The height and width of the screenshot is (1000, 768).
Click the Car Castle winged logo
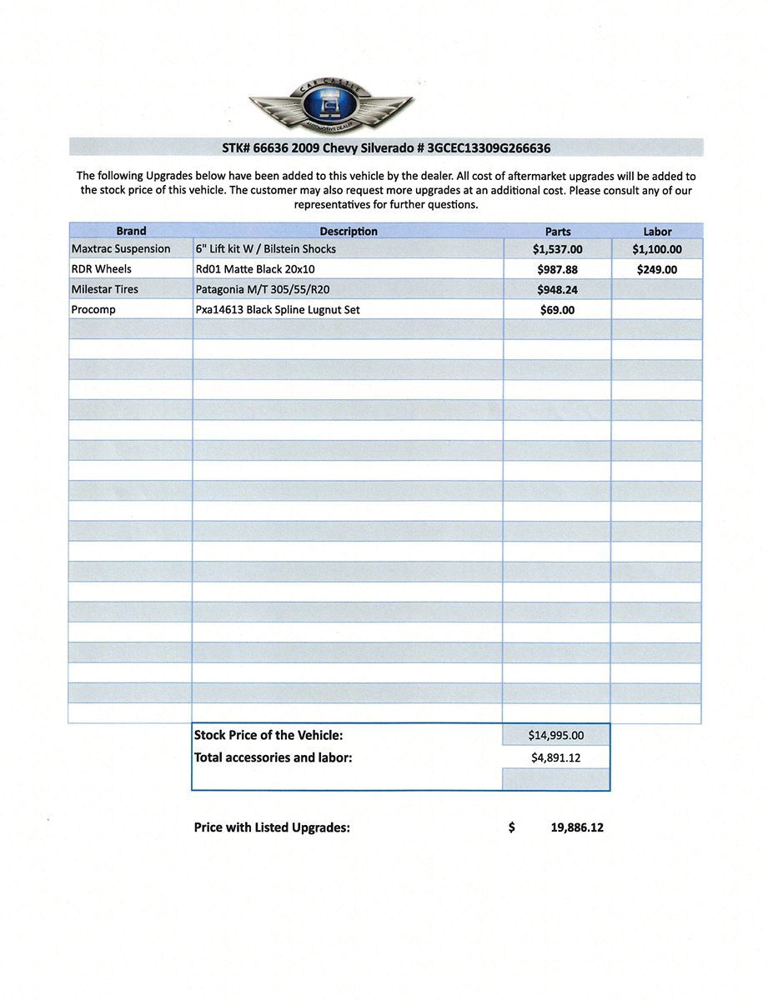click(x=331, y=105)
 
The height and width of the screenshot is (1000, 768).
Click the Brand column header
click(x=131, y=231)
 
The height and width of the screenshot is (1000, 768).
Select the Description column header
click(x=349, y=231)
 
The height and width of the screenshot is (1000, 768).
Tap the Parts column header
click(x=558, y=232)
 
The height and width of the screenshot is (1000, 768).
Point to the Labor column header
click(x=657, y=232)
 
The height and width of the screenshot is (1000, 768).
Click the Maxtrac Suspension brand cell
click(x=121, y=248)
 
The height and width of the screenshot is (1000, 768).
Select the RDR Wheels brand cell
click(x=102, y=269)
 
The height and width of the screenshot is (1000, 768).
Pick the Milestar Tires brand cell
click(x=105, y=289)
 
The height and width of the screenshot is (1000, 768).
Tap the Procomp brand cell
click(x=93, y=309)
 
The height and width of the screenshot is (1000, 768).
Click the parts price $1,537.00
click(x=557, y=249)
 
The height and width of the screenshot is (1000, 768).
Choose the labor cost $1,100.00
click(x=657, y=249)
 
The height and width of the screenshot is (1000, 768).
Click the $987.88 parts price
click(x=557, y=270)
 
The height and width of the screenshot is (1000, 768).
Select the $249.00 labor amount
click(x=657, y=270)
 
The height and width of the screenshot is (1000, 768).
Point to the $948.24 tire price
click(x=557, y=290)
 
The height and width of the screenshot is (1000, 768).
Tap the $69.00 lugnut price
click(x=557, y=310)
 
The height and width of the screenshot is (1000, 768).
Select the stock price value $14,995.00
click(x=556, y=735)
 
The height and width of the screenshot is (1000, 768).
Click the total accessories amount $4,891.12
click(x=556, y=758)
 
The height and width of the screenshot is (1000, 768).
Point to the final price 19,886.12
click(x=577, y=828)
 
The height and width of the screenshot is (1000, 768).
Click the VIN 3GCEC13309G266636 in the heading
click(x=489, y=148)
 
